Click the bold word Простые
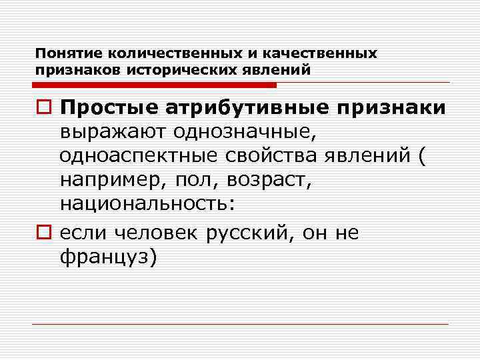click(109, 107)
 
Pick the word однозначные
click(251, 131)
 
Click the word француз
click(107, 256)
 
